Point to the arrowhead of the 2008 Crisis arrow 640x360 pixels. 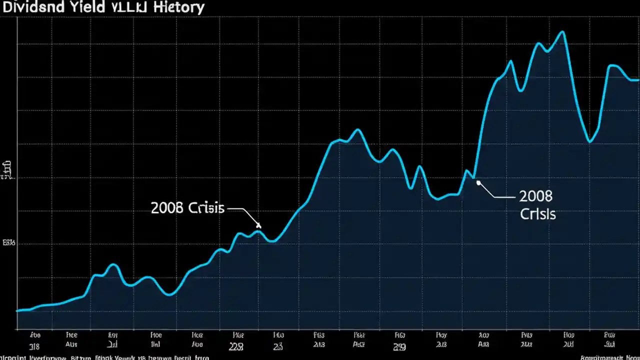(258, 225)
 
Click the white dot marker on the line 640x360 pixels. (478, 182)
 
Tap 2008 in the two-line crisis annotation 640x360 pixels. (535, 195)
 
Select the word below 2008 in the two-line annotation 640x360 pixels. (537, 214)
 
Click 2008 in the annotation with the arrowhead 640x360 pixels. (167, 208)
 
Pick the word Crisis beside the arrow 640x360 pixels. (206, 208)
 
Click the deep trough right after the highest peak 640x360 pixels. (590, 142)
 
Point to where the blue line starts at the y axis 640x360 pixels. (17, 310)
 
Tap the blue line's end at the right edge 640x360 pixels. (637, 79)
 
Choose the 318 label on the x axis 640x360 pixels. (34, 344)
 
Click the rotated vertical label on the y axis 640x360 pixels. (6, 170)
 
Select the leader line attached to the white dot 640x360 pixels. (497, 195)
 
